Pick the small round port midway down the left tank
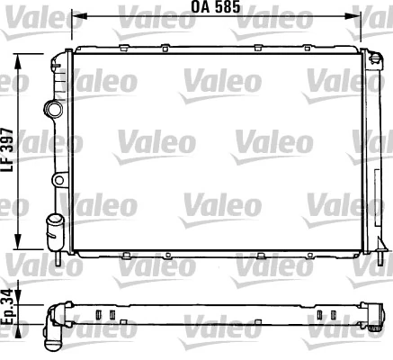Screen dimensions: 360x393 [59, 181]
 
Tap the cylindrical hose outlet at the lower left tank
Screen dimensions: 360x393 [55, 223]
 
